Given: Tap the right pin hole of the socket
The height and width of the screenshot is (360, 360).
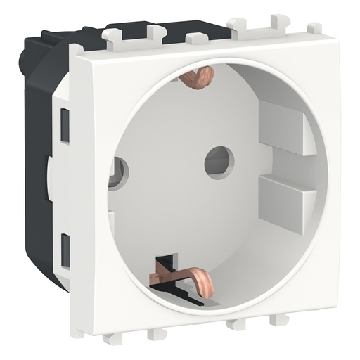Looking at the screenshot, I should pos(219,161).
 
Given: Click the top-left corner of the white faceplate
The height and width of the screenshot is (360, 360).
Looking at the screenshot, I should pos(73,49).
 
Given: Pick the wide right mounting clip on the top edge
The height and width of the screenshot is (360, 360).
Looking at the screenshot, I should pos(259,24).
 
